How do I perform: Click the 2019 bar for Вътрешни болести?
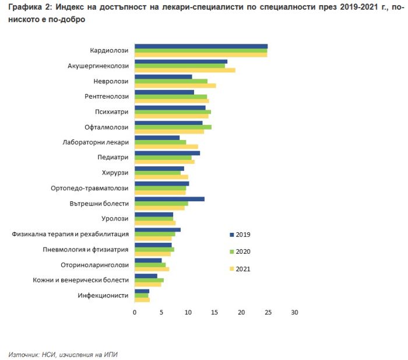click(169, 199)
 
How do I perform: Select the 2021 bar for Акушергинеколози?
click(185, 70)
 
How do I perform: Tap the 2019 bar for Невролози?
click(163, 76)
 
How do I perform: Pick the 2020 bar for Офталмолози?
click(173, 127)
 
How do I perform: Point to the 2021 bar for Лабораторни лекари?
click(166, 146)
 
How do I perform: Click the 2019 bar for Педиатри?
click(167, 153)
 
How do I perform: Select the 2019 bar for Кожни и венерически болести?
click(146, 275)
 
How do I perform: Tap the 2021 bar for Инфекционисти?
click(142, 300)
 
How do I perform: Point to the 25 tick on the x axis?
click(268, 313)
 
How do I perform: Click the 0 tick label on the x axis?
click(135, 313)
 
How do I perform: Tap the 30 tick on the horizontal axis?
click(294, 313)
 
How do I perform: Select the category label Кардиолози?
click(109, 50)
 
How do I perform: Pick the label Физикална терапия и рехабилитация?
click(70, 234)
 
